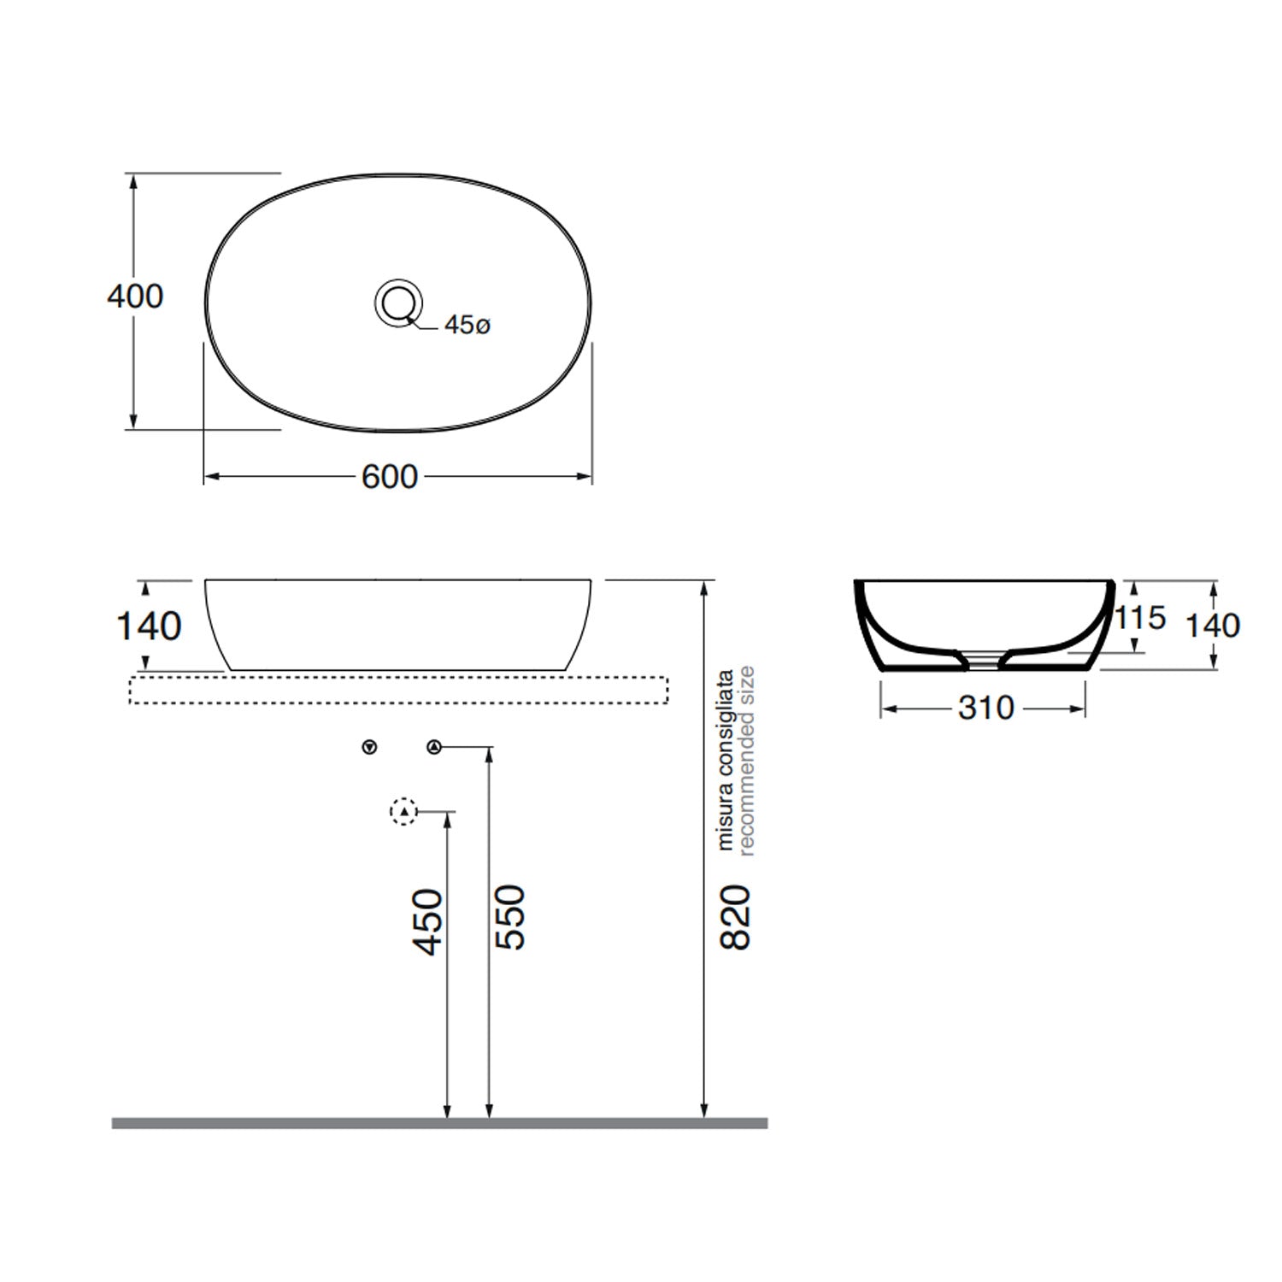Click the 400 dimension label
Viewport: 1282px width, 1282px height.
point(135,297)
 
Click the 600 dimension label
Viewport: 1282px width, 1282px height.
point(390,477)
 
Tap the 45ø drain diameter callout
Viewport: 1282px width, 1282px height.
point(468,326)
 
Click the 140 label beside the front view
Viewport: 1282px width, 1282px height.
point(149,626)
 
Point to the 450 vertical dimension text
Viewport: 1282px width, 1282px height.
point(428,920)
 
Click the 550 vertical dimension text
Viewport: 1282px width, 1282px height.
point(509,917)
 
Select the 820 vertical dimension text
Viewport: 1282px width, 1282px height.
point(735,917)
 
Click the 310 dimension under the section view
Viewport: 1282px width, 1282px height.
point(985,708)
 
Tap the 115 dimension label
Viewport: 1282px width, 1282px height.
point(1141,618)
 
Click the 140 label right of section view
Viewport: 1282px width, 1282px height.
point(1212,626)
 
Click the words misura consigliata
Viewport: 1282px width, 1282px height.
point(726,760)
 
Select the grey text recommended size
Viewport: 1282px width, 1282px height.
point(746,761)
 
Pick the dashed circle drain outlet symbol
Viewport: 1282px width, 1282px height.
point(403,811)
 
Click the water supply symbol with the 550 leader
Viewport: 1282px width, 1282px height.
point(434,748)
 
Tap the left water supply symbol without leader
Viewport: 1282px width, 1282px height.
point(369,748)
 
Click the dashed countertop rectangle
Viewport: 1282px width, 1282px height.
point(398,690)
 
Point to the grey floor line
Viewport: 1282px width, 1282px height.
point(439,1123)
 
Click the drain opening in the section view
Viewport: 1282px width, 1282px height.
point(984,659)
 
